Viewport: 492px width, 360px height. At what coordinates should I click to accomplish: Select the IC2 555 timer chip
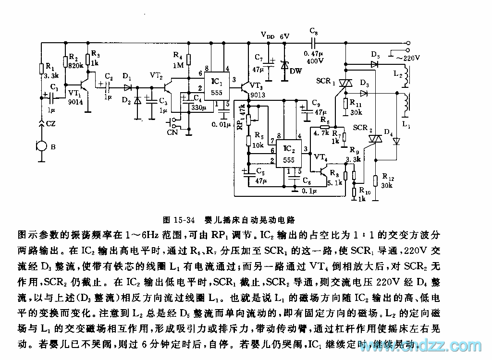[289, 153]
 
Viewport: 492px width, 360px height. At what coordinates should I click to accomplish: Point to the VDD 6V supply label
[276, 36]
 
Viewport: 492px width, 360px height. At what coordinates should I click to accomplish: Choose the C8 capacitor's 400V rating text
[314, 61]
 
